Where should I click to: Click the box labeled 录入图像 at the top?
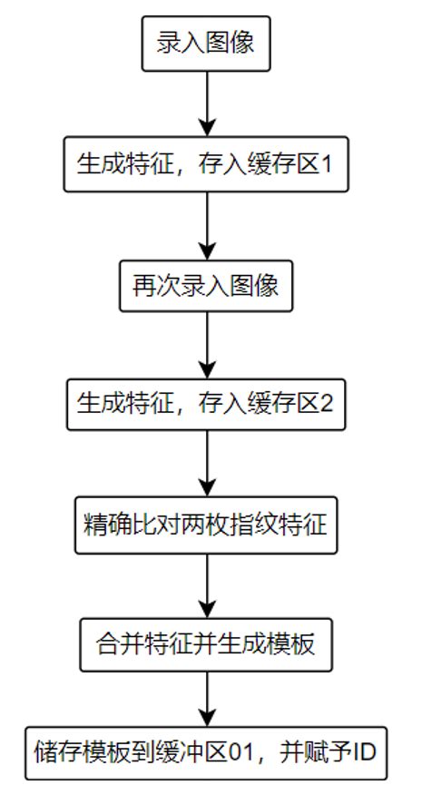pos(207,44)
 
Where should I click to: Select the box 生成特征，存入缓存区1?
pos(207,165)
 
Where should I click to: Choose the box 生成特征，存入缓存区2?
pos(207,404)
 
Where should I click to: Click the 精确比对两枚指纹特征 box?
pos(207,525)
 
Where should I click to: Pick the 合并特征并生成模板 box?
pos(207,645)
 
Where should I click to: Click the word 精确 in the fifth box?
pos(104,525)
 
